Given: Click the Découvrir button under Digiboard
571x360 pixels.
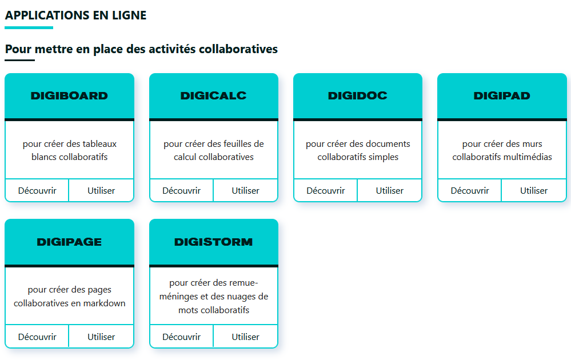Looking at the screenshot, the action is (x=37, y=190).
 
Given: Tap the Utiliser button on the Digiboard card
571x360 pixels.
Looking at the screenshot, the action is (x=101, y=190).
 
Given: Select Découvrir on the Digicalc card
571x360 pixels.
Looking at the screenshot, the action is (x=181, y=190).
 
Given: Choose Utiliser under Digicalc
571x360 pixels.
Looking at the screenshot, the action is (x=245, y=190).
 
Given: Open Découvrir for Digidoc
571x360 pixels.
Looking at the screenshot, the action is (x=326, y=190).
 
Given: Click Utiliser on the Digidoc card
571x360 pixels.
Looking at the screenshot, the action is (x=390, y=190).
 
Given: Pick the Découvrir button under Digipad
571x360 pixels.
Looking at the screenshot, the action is (x=470, y=190).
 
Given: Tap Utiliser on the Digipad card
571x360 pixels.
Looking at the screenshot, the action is (x=534, y=190).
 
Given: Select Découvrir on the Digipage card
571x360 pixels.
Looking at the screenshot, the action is (x=37, y=337).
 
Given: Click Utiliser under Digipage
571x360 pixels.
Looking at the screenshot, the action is (x=101, y=337).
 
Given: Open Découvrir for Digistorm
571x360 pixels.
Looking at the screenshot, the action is (x=181, y=337).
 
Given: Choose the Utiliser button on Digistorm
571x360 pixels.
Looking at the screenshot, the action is (x=245, y=337).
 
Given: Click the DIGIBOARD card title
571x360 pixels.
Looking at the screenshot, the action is (x=69, y=96).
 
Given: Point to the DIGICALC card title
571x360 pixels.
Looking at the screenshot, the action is (x=213, y=96).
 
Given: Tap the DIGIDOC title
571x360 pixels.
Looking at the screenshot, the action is (x=358, y=96).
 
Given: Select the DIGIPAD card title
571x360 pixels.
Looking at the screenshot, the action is (x=502, y=96).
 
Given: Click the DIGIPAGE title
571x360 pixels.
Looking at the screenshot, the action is (x=69, y=242).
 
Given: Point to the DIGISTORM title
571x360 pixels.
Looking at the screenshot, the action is (x=213, y=242).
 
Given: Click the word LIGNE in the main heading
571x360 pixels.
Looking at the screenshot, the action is (x=129, y=15).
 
